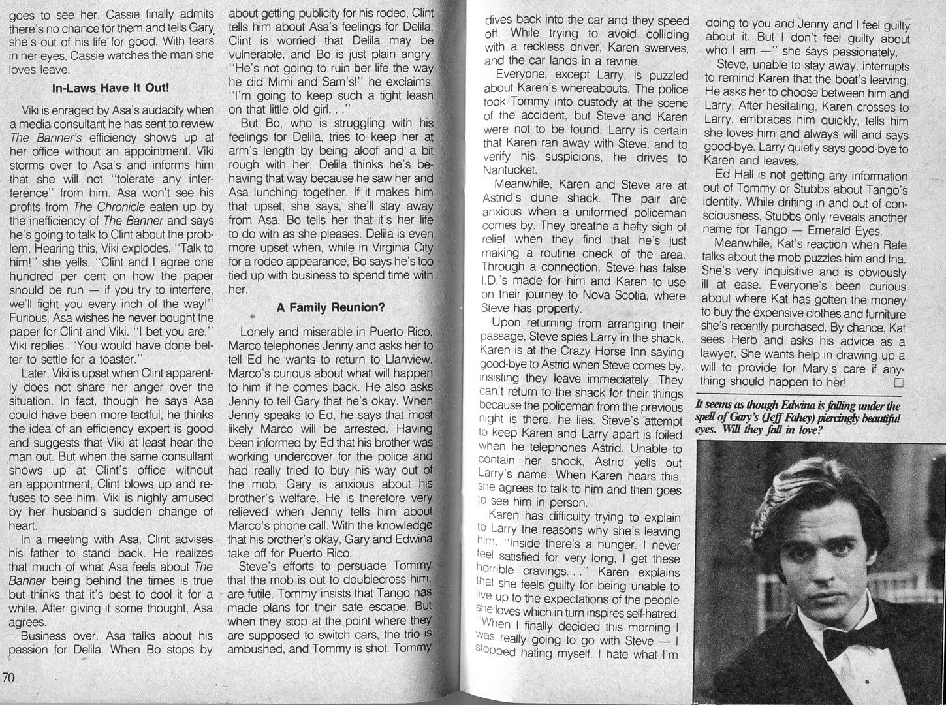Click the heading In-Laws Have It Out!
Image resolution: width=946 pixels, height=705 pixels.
[x=111, y=87]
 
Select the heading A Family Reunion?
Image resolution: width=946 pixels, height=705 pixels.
[x=330, y=307]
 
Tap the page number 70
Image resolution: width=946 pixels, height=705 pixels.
[x=8, y=677]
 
